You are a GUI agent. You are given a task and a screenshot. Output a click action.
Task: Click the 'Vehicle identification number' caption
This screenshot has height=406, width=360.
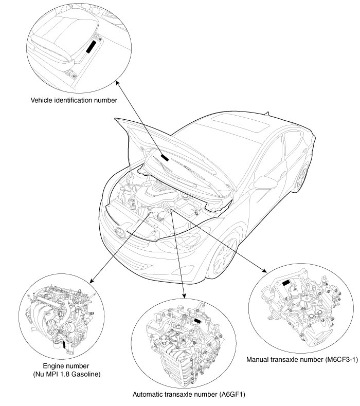point(74,100)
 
